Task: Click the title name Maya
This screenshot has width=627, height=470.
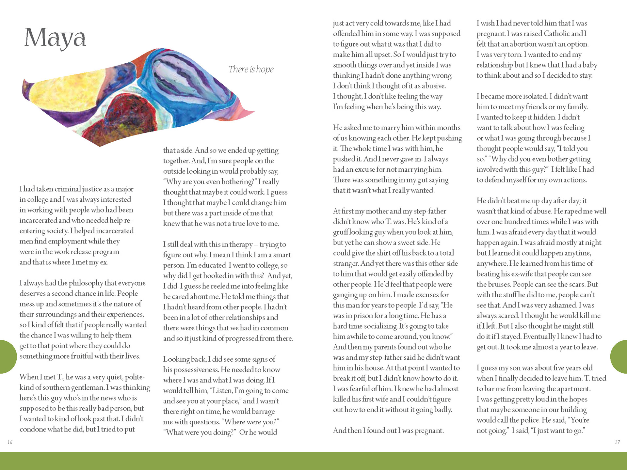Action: point(55,38)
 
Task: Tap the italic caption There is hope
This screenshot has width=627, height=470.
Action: point(251,69)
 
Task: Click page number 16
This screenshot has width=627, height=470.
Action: point(10,442)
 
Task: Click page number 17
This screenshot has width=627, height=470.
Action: point(617,442)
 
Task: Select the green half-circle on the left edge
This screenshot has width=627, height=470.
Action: point(7,356)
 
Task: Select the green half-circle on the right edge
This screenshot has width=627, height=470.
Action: point(619,356)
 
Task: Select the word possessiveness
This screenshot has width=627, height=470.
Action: point(196,370)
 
